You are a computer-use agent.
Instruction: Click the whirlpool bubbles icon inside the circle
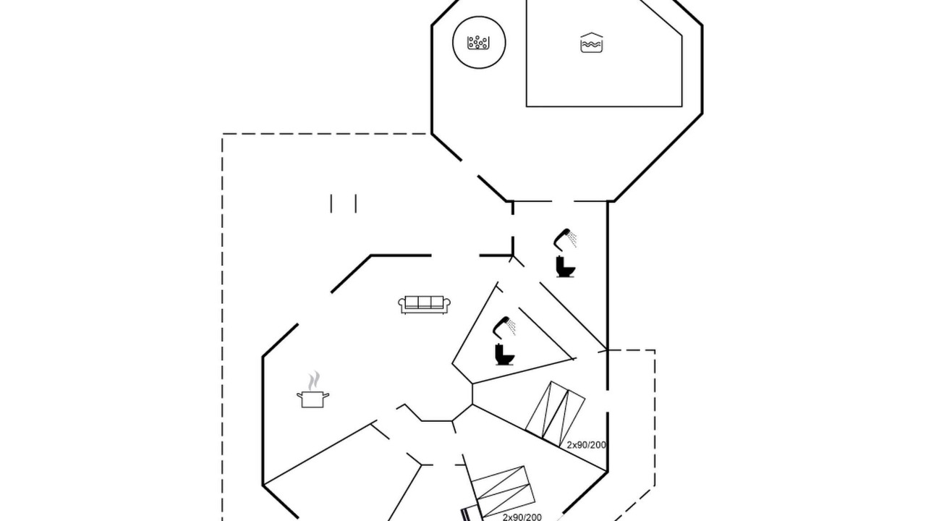pyautogui.click(x=478, y=43)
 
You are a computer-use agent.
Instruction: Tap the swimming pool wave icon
pyautogui.click(x=592, y=43)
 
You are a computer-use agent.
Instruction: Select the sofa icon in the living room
pyautogui.click(x=424, y=305)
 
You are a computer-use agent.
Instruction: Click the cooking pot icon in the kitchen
pyautogui.click(x=313, y=399)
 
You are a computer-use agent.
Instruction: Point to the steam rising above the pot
pyautogui.click(x=314, y=381)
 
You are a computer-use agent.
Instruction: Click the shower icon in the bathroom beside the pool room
pyautogui.click(x=565, y=240)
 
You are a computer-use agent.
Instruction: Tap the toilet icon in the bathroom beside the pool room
pyautogui.click(x=566, y=267)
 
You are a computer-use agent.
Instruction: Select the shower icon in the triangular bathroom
pyautogui.click(x=504, y=328)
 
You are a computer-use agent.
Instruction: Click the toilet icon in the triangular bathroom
pyautogui.click(x=505, y=355)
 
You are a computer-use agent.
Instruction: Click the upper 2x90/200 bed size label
pyautogui.click(x=586, y=445)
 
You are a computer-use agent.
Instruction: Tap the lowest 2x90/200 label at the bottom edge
pyautogui.click(x=522, y=517)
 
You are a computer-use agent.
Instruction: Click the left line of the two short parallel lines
pyautogui.click(x=331, y=203)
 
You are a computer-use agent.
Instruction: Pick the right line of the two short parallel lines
pyautogui.click(x=356, y=203)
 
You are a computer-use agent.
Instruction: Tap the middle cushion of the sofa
pyautogui.click(x=425, y=302)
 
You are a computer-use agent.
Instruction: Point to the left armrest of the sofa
pyautogui.click(x=402, y=305)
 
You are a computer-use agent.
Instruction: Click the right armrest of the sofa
pyautogui.click(x=447, y=305)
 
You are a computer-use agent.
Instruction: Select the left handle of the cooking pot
pyautogui.click(x=300, y=396)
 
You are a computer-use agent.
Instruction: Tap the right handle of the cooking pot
pyautogui.click(x=326, y=396)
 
